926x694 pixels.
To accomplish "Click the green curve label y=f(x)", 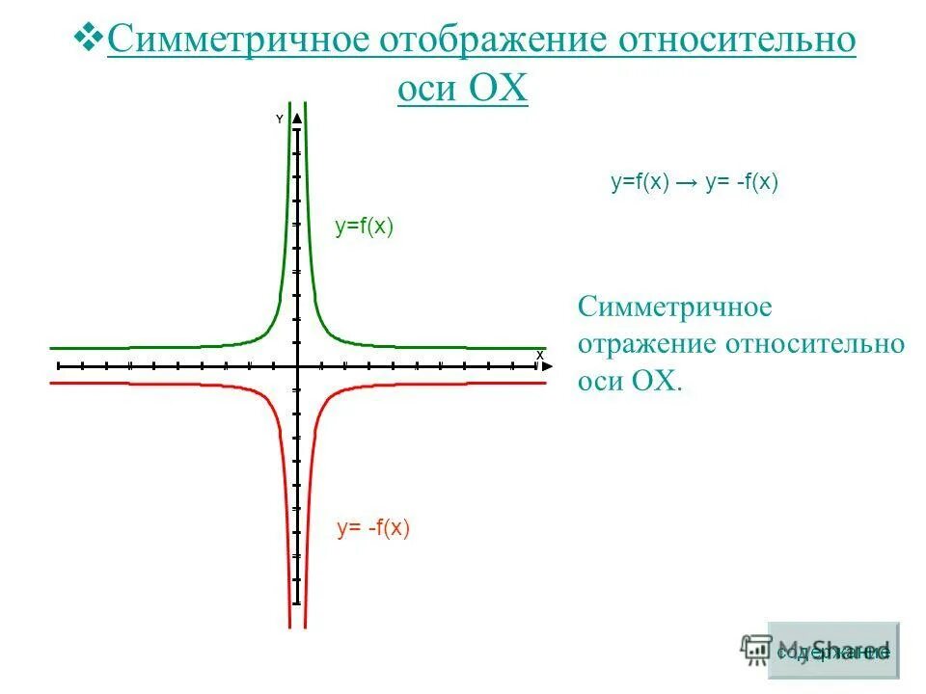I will pyautogui.click(x=365, y=227).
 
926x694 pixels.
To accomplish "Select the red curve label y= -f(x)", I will pyautogui.click(x=373, y=527).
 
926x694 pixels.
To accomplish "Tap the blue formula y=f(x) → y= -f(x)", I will pyautogui.click(x=694, y=183).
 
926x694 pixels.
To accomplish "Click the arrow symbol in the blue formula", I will pyautogui.click(x=688, y=183).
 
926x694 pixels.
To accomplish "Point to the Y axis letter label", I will pyautogui.click(x=280, y=120).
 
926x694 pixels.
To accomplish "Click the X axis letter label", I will pyautogui.click(x=540, y=355).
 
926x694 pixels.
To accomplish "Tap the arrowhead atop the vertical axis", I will pyautogui.click(x=297, y=119).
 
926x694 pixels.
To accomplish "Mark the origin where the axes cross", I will pyautogui.click(x=297, y=366).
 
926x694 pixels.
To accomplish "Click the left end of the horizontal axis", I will pyautogui.click(x=59, y=366).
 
